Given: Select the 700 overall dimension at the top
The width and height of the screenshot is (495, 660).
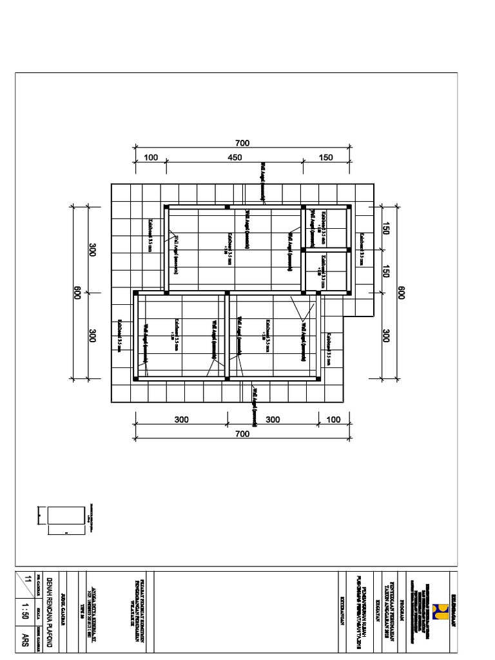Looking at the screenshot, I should click(242, 143).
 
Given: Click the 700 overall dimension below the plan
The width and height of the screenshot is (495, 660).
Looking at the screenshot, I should click(242, 434).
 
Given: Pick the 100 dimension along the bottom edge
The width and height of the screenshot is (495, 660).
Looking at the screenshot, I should click(333, 420).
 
